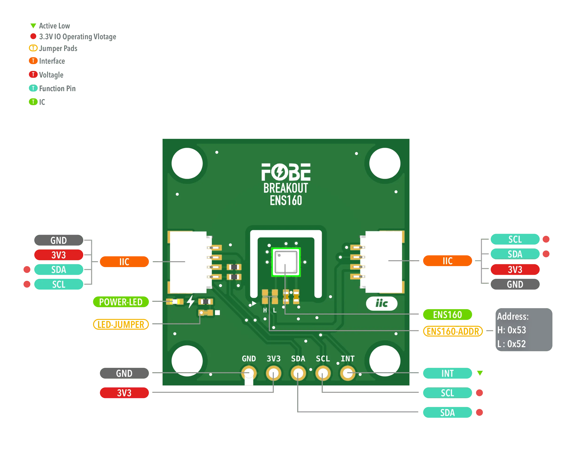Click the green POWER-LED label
coord(121,302)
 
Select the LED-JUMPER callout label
coord(121,324)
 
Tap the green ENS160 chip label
coord(447,315)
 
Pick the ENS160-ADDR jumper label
coord(453,331)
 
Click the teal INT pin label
coord(447,373)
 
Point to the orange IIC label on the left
coord(124,262)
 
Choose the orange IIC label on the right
coord(447,261)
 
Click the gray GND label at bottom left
coord(124,373)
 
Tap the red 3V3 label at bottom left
coord(124,393)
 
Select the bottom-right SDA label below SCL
coord(447,413)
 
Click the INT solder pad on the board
coord(348,373)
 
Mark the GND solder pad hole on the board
coord(249,373)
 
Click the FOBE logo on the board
coord(286,172)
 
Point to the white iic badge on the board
coord(381,303)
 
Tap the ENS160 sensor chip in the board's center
coord(286,262)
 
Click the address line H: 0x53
coord(512,330)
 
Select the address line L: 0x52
coord(512,344)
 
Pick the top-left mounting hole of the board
coord(187,163)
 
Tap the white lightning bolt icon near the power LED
coord(190,301)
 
